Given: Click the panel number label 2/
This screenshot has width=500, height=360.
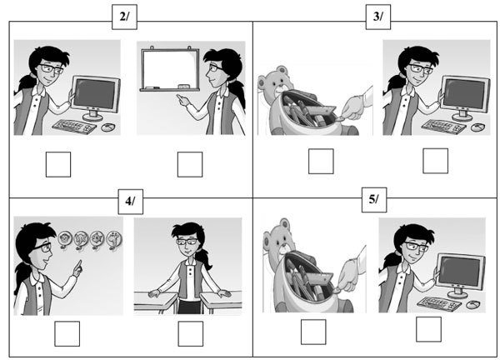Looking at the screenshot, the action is pyautogui.click(x=124, y=17).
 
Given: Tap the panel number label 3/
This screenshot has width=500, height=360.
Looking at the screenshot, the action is pyautogui.click(x=377, y=17).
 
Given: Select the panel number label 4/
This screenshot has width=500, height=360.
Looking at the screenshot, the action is pyautogui.click(x=131, y=202).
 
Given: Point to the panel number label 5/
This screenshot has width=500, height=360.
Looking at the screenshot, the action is pyautogui.click(x=374, y=200).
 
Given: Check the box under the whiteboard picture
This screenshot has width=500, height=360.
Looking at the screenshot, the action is pyautogui.click(x=190, y=164).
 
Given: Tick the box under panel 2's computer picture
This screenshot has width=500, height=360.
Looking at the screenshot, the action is pyautogui.click(x=58, y=164).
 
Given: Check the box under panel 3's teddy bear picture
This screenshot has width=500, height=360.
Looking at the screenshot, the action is pyautogui.click(x=321, y=162).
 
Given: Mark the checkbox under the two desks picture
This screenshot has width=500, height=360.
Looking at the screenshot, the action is pyautogui.click(x=190, y=333).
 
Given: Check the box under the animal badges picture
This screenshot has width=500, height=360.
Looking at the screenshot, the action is pyautogui.click(x=67, y=333).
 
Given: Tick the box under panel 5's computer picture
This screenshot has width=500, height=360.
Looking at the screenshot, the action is pyautogui.click(x=429, y=329).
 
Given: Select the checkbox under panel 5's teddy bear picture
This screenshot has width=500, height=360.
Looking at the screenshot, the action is pyautogui.click(x=313, y=332).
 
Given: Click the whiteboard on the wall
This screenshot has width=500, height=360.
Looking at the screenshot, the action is pyautogui.click(x=170, y=69).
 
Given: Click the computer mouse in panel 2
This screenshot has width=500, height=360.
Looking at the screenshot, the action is pyautogui.click(x=108, y=127).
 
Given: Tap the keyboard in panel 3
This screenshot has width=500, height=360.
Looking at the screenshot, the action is pyautogui.click(x=443, y=127).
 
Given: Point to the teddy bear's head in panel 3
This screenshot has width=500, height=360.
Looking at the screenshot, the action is pyautogui.click(x=276, y=82).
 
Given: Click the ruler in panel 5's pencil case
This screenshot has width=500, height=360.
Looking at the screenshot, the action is pyautogui.click(x=320, y=278).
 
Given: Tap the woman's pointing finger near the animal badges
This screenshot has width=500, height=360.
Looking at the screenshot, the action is pyautogui.click(x=78, y=268).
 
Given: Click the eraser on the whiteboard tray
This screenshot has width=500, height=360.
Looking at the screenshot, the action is pyautogui.click(x=184, y=87).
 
